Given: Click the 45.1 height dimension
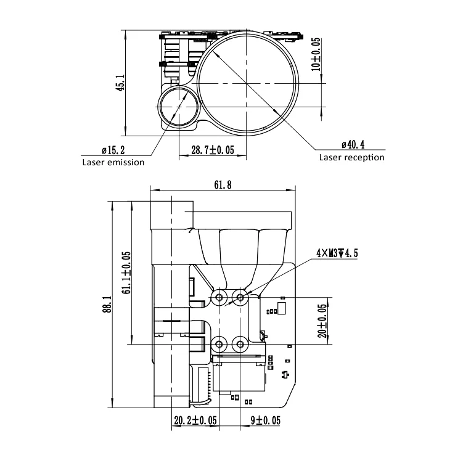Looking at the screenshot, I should [x=120, y=83].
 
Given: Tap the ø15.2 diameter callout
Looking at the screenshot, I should [x=113, y=150].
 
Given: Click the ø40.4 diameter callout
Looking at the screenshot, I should [x=353, y=145].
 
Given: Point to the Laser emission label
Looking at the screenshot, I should [x=113, y=162].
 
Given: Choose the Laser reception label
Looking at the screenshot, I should [x=351, y=157].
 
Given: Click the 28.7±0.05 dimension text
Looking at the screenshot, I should [x=212, y=150].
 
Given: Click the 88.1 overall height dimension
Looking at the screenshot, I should [x=105, y=304].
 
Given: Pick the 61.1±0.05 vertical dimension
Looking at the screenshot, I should [x=126, y=273].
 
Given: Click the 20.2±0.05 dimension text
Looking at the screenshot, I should [x=195, y=420].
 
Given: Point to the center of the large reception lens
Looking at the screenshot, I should [x=248, y=83].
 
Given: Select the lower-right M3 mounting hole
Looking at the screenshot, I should [x=240, y=343].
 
